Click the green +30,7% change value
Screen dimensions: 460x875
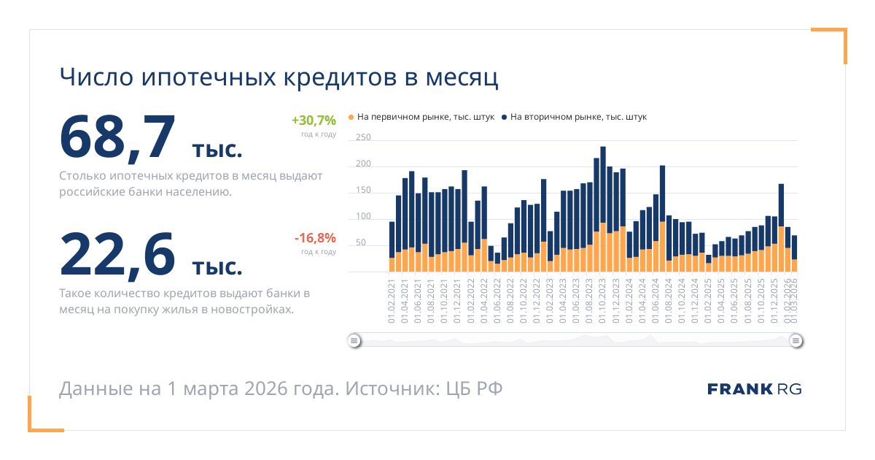[314, 120]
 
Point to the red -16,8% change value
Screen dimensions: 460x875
[315, 237]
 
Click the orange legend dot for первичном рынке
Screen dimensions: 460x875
[351, 117]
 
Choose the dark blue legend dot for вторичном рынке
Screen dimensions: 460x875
[504, 117]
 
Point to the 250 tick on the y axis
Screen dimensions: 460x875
[363, 137]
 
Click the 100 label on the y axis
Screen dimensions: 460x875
[363, 217]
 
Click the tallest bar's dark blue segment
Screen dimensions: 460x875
[603, 183]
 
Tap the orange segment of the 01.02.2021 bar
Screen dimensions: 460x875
[392, 264]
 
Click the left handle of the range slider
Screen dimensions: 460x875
[354, 340]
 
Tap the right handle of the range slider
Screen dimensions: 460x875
[796, 340]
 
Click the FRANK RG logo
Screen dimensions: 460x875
[754, 389]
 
